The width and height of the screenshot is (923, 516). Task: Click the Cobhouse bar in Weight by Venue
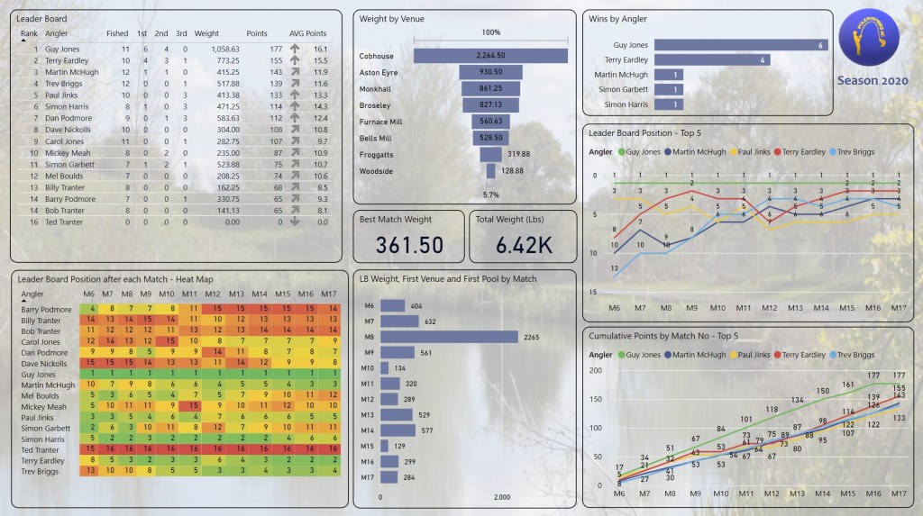coord(490,56)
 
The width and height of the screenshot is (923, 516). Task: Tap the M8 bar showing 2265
coord(450,337)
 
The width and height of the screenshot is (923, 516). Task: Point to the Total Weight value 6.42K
coord(523,245)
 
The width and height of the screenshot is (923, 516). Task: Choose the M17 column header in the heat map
coord(331,294)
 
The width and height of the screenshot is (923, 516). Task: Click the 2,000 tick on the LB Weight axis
coord(502,497)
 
